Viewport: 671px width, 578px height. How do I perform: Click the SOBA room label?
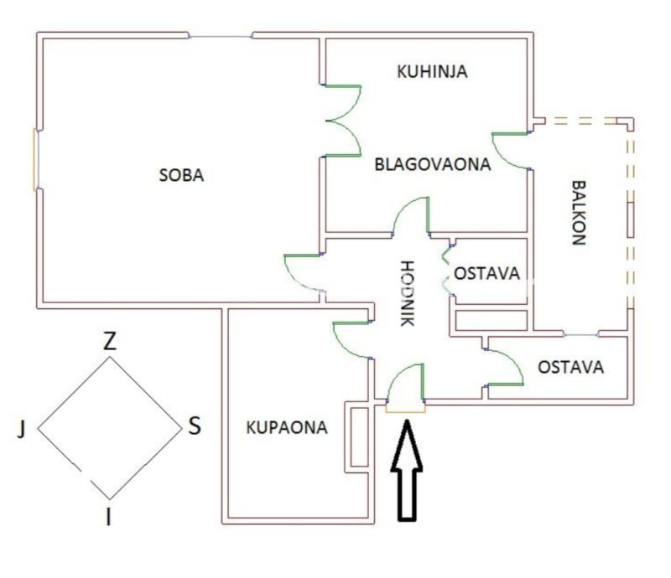(181, 176)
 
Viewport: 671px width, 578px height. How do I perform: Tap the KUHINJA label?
(431, 71)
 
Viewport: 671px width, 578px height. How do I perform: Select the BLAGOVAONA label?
(431, 164)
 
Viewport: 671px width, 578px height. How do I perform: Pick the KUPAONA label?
(286, 427)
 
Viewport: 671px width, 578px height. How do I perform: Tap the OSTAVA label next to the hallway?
(486, 273)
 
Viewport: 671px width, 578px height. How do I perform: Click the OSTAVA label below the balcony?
(570, 367)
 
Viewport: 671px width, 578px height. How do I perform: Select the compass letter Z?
(109, 342)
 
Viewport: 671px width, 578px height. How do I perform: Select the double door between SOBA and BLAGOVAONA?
(344, 121)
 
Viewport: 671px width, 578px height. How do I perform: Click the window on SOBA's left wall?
(35, 159)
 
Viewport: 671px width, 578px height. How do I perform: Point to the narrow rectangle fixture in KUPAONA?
(359, 436)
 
